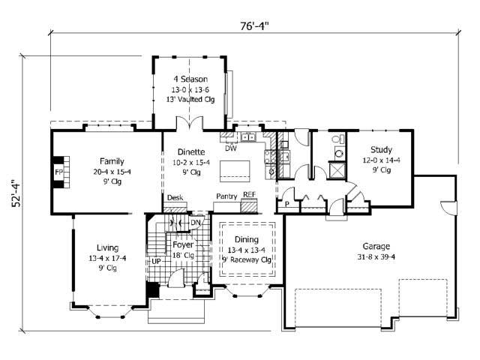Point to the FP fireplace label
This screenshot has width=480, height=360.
coord(58,172)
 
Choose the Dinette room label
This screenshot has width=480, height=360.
coord(184,150)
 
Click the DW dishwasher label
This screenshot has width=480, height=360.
coord(231,148)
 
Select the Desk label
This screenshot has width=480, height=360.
coord(175,198)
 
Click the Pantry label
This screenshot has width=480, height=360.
coord(226,196)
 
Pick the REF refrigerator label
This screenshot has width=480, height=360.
coord(249,195)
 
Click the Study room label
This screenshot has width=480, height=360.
coord(381,150)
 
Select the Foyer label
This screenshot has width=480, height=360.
coord(184,245)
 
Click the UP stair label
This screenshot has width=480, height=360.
coord(157,262)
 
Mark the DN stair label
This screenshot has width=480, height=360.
coord(196,222)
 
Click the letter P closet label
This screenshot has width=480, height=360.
coord(286,203)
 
